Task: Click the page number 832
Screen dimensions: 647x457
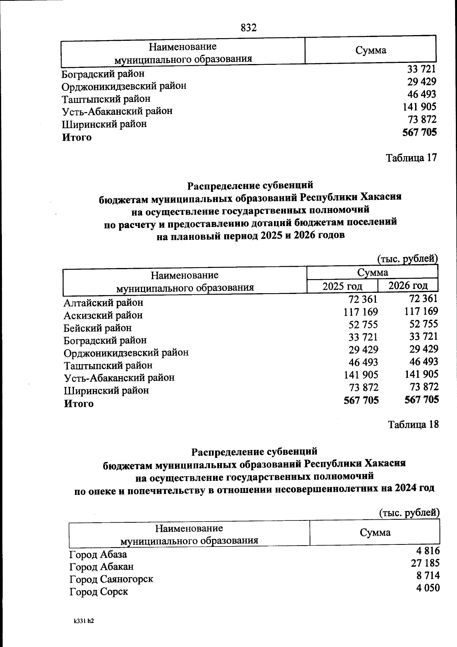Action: [x=249, y=28]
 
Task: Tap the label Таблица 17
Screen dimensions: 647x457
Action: [x=411, y=157]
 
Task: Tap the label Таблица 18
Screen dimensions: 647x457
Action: [x=413, y=424]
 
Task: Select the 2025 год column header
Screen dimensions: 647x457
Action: [x=342, y=286]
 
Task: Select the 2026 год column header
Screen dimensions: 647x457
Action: [x=408, y=285]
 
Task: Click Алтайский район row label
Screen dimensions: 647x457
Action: [x=103, y=303]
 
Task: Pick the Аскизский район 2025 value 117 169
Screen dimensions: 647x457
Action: [x=360, y=312]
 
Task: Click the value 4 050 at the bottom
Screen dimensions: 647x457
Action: [x=428, y=588]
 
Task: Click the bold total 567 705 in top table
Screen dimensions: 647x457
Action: [x=419, y=132]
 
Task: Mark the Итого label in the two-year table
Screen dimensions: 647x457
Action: [x=78, y=403]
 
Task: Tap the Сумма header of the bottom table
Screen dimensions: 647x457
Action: [x=375, y=533]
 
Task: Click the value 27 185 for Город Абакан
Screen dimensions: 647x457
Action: [x=425, y=563]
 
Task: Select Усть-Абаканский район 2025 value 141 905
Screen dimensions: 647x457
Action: [x=361, y=374]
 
